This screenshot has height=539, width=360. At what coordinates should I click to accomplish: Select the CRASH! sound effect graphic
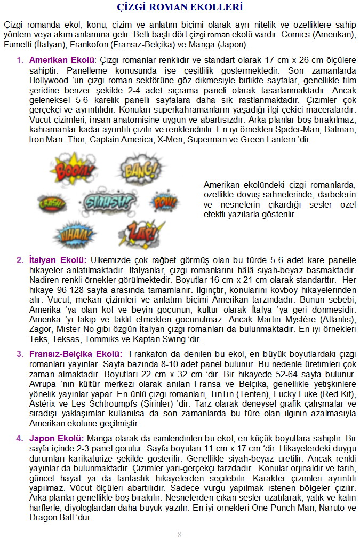pyautogui.click(x=53, y=203)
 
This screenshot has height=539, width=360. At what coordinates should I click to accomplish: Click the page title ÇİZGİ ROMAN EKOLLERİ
pyautogui.click(x=180, y=7)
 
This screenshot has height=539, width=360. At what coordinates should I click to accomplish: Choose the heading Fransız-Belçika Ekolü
pyautogui.click(x=76, y=354)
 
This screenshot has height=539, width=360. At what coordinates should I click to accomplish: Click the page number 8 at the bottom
pyautogui.click(x=180, y=534)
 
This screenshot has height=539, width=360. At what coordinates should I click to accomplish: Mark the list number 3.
pyautogui.click(x=20, y=354)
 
